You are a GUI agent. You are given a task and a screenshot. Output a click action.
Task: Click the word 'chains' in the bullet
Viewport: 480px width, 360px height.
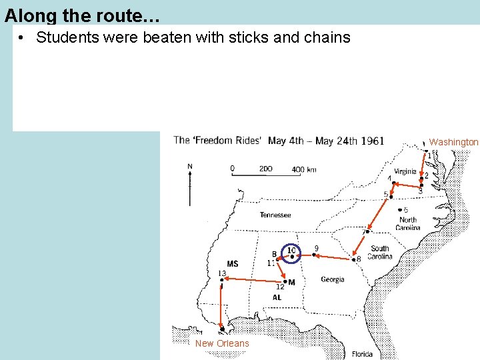327,37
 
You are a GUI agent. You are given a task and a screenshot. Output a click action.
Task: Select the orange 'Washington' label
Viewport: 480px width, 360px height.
453,142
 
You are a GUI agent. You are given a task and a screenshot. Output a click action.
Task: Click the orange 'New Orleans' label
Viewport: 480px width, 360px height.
222,343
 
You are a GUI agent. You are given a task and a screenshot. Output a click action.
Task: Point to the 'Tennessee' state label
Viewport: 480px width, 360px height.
275,215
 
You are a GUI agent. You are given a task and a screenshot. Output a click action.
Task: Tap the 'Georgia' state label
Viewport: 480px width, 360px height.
332,279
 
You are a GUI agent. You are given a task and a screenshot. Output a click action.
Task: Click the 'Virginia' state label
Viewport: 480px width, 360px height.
405,171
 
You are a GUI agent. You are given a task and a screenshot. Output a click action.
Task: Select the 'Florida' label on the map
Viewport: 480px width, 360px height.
363,353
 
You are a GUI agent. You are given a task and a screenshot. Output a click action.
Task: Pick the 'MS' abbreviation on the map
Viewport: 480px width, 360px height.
233,264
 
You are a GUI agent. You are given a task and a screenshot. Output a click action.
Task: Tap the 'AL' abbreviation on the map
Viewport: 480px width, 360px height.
277,297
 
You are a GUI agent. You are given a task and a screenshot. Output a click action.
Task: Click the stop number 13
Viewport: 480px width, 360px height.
222,273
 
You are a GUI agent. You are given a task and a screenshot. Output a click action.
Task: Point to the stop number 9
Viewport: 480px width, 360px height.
316,249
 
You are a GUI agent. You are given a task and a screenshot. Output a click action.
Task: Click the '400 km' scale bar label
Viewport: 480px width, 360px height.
304,169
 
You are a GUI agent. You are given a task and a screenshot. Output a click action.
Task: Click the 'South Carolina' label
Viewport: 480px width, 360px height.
380,253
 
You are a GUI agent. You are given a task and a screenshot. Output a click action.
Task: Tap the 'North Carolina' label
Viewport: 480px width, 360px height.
407,223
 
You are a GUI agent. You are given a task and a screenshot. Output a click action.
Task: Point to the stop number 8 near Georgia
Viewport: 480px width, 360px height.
359,259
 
